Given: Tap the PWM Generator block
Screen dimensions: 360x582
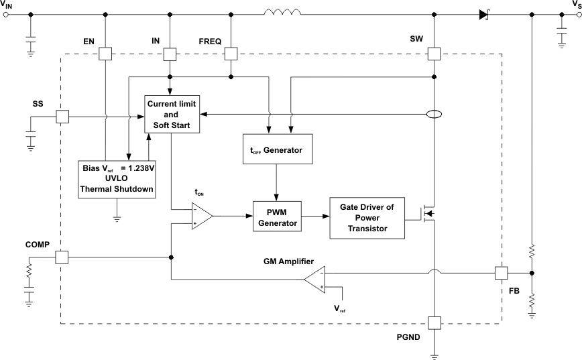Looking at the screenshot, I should coord(276,217).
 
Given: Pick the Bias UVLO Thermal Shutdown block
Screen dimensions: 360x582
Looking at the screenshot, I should coord(117,178).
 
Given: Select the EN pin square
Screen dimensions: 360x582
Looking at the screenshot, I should coord(106,54).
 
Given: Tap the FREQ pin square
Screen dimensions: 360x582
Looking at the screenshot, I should coord(231,54).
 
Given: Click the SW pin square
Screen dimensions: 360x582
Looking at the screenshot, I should coord(434,54).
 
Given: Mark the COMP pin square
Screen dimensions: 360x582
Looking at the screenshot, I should coord(62,257).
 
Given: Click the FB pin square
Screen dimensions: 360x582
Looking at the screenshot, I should coord(501,272).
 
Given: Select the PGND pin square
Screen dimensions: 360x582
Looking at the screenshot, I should coord(434,323).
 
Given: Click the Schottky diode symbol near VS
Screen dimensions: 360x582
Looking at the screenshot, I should coord(483,13).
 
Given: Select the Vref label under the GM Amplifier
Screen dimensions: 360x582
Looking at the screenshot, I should coord(341,309).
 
